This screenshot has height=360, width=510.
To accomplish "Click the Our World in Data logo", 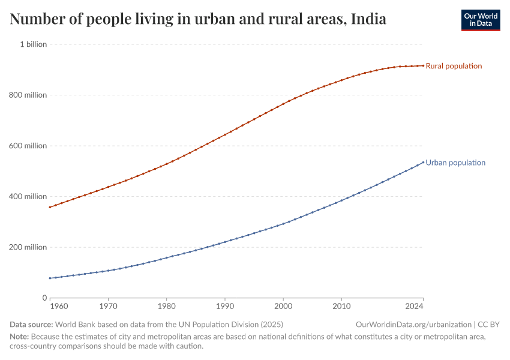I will tap(480, 20).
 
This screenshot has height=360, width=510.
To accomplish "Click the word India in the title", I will tap(368, 20).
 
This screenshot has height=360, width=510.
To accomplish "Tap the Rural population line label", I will tap(454, 66).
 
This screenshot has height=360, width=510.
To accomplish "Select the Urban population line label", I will tap(455, 163).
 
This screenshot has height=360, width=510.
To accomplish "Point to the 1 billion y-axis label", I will tap(34, 44).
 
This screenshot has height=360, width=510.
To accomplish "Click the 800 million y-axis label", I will tap(28, 95).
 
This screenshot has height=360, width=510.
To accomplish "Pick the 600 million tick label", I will tap(28, 146).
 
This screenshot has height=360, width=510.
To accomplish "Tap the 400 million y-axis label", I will tap(28, 196).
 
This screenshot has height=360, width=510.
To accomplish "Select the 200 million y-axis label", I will tap(28, 247).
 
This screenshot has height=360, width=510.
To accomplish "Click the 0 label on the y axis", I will tap(44, 298).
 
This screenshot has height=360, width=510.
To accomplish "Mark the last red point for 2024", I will tap(423, 65).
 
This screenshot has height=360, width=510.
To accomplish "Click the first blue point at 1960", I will tap(50, 278).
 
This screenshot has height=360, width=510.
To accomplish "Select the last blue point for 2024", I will tap(423, 161).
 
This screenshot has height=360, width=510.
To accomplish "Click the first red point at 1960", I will tap(50, 208).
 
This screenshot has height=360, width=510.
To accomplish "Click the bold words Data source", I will tap(31, 324).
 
